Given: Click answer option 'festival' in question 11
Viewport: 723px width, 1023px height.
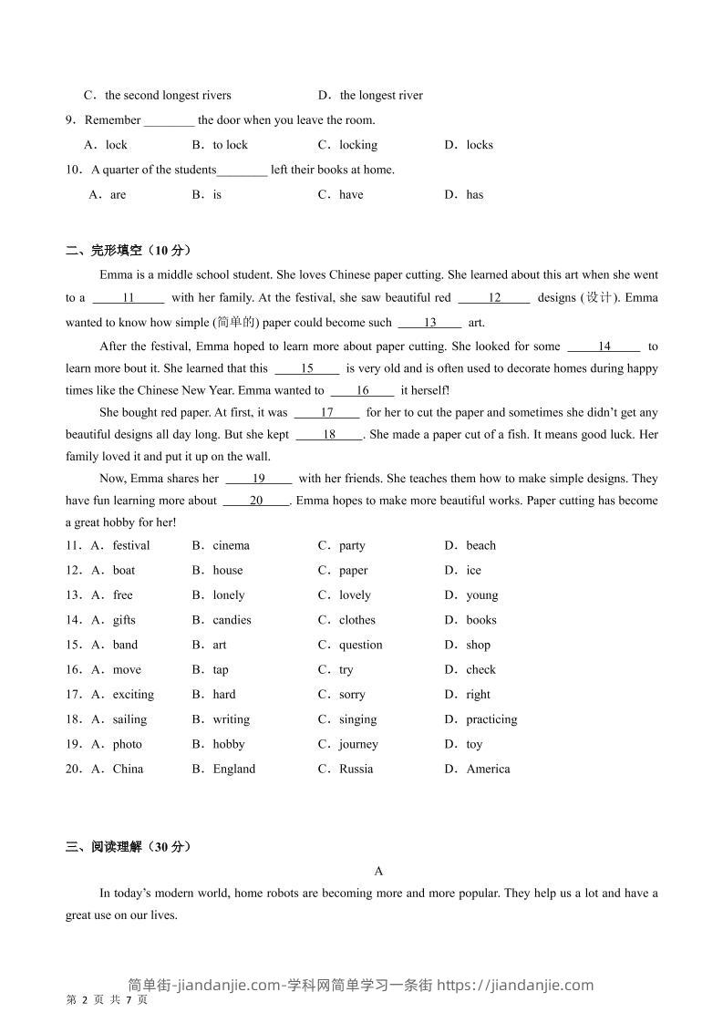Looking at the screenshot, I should click(x=131, y=545).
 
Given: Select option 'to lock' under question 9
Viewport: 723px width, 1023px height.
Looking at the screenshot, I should click(x=230, y=145).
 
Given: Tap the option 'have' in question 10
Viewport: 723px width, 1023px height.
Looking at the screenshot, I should click(x=351, y=194).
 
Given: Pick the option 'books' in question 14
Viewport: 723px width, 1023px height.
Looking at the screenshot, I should click(x=481, y=620).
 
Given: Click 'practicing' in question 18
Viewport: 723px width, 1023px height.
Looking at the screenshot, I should click(x=491, y=719).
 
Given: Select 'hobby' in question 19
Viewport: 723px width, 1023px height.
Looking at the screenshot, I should click(x=229, y=744).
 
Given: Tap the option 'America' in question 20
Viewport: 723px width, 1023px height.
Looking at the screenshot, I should click(x=488, y=769).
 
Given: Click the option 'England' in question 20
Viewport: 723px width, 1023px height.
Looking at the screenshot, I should click(x=234, y=769).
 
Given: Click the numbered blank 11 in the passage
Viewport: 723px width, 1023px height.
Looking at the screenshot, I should click(x=129, y=297).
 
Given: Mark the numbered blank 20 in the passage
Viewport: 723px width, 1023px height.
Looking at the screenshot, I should click(x=256, y=501).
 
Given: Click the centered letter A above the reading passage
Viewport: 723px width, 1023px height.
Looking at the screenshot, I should click(x=379, y=871).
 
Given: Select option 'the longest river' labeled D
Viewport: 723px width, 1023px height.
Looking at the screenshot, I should click(x=381, y=95).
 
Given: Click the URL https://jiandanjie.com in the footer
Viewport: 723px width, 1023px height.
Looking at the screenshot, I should click(x=516, y=985).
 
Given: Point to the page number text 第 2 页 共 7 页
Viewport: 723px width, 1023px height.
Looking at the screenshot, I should click(x=108, y=1000).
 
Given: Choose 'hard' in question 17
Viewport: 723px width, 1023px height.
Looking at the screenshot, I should click(x=224, y=695).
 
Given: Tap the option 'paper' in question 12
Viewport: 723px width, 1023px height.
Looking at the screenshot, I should click(x=354, y=571).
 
